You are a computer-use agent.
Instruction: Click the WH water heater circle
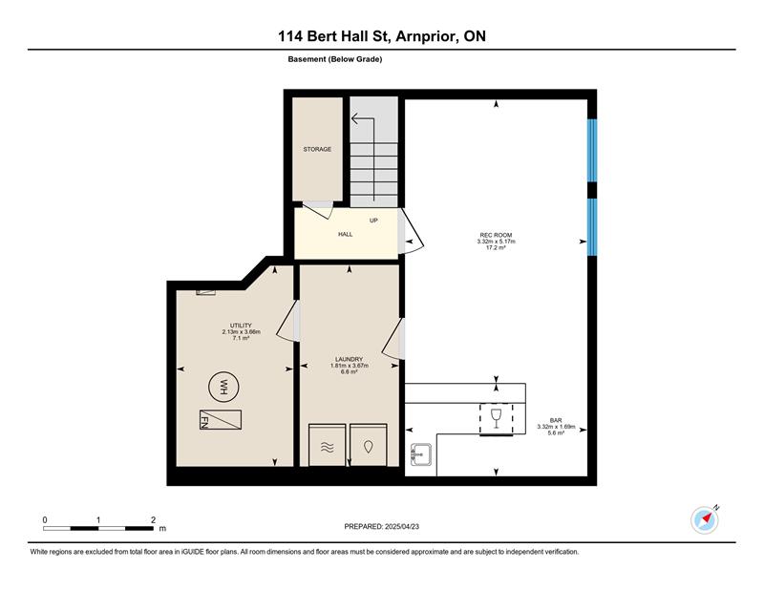click(223, 388)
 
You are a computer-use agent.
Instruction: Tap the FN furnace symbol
click(221, 419)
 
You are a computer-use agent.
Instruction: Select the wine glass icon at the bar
click(496, 418)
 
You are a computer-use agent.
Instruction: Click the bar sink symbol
click(420, 454)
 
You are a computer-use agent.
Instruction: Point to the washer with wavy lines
click(328, 445)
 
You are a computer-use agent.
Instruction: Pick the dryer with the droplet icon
click(369, 445)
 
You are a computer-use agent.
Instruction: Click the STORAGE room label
click(317, 149)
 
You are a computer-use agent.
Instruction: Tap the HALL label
click(346, 234)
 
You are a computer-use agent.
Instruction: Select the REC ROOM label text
click(496, 235)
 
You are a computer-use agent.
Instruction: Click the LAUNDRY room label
click(350, 360)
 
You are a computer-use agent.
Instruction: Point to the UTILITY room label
click(241, 326)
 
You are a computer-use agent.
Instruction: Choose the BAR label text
click(556, 420)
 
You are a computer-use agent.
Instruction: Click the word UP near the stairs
click(373, 221)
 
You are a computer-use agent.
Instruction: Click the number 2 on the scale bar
click(154, 520)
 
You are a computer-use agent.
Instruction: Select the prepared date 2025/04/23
click(402, 526)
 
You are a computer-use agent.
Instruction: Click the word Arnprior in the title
click(427, 36)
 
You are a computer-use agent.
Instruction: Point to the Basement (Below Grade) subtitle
click(335, 59)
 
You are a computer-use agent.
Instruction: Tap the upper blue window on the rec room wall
click(592, 151)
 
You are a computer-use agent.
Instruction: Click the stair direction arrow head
click(354, 118)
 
